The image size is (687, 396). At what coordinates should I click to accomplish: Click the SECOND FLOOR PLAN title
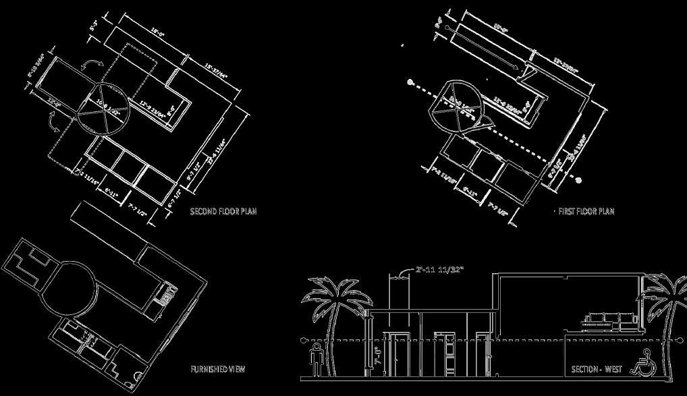pyautogui.click(x=223, y=211)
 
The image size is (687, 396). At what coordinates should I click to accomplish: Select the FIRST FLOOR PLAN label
pyautogui.click(x=586, y=211)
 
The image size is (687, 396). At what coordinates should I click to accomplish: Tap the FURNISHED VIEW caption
pyautogui.click(x=217, y=369)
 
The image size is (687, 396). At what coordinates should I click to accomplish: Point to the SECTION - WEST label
pyautogui.click(x=597, y=369)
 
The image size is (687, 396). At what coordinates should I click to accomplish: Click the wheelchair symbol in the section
pyautogui.click(x=640, y=364)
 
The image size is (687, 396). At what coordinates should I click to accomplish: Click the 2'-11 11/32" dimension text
pyautogui.click(x=439, y=270)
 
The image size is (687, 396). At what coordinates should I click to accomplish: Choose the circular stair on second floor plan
pyautogui.click(x=102, y=110)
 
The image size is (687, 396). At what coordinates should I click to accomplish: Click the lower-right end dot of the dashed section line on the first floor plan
pyautogui.click(x=578, y=180)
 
